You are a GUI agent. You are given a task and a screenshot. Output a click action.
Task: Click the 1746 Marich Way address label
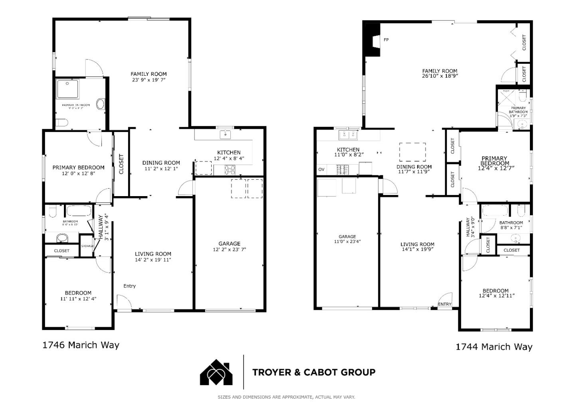(81, 345)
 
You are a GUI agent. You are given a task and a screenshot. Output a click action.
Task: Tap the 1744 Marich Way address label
(494, 347)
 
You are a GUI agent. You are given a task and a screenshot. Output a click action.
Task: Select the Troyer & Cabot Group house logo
(216, 372)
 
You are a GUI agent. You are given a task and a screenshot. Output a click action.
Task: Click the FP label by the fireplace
(386, 40)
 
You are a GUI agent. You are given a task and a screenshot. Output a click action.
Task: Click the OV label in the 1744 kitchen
(321, 169)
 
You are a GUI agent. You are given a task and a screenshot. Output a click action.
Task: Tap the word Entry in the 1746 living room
(129, 286)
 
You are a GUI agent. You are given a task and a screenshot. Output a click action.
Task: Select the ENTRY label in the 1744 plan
(444, 304)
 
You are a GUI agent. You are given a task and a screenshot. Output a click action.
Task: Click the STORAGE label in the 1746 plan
(87, 246)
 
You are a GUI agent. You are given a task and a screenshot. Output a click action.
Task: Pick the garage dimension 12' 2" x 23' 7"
(229, 250)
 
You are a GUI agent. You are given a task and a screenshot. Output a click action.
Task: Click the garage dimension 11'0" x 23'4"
(347, 241)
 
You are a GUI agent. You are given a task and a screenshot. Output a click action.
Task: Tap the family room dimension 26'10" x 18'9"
(440, 75)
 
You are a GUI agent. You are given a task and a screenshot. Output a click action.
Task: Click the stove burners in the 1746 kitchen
(230, 170)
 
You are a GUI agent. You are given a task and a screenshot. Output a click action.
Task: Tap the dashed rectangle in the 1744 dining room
(412, 152)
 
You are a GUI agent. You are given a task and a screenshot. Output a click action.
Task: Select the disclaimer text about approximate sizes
(286, 397)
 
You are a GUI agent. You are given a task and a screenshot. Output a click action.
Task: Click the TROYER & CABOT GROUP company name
(313, 372)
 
